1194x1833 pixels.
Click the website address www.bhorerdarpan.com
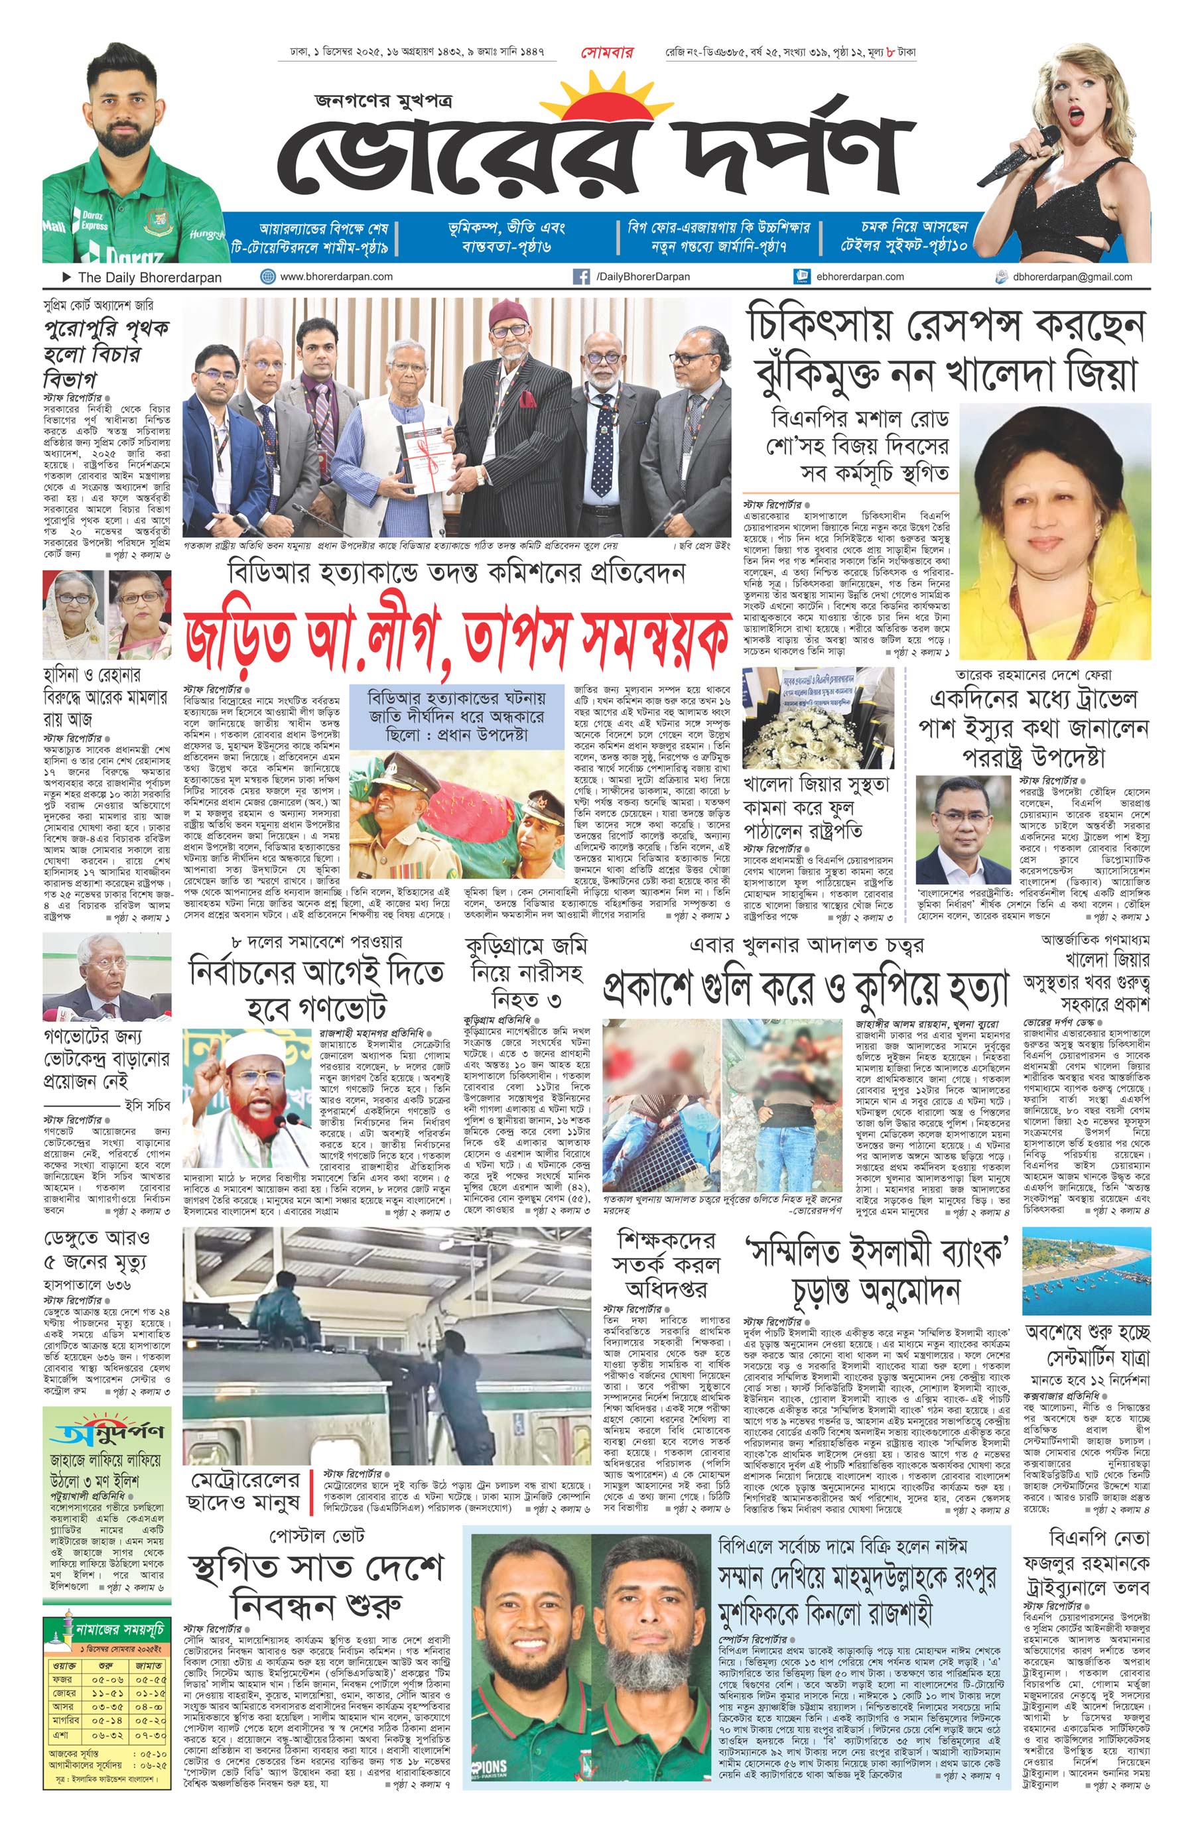click(x=336, y=277)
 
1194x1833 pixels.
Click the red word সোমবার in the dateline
click(x=607, y=53)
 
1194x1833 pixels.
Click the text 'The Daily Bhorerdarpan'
click(x=149, y=277)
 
